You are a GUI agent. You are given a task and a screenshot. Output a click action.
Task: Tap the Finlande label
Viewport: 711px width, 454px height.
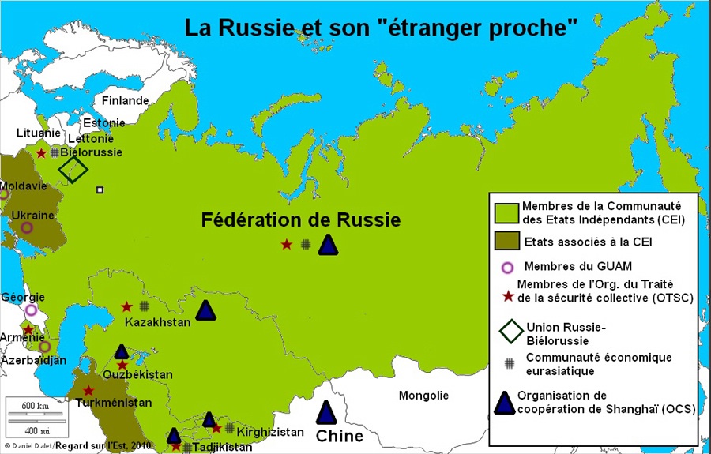pyautogui.click(x=125, y=101)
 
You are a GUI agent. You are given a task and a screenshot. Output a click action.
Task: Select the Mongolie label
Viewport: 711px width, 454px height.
pyautogui.click(x=423, y=396)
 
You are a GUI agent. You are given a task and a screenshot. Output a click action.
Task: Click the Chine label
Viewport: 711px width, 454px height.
pyautogui.click(x=340, y=436)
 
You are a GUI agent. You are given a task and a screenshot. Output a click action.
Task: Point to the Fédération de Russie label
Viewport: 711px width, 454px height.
pyautogui.click(x=301, y=219)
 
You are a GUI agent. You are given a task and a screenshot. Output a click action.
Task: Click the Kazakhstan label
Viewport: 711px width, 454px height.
pyautogui.click(x=157, y=322)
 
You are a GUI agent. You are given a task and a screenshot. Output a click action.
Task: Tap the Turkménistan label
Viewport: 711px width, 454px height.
pyautogui.click(x=114, y=403)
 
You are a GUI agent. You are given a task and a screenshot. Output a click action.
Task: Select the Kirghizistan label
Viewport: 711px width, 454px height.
pyautogui.click(x=271, y=432)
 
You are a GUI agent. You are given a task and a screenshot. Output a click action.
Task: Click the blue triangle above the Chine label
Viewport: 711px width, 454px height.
pyautogui.click(x=325, y=412)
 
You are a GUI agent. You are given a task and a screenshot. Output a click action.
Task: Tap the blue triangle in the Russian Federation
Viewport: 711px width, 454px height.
pyautogui.click(x=329, y=245)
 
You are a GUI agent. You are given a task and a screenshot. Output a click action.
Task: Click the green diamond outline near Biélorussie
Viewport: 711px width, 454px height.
pyautogui.click(x=73, y=169)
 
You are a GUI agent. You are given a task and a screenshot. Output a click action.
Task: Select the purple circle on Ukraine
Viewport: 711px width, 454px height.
pyautogui.click(x=27, y=227)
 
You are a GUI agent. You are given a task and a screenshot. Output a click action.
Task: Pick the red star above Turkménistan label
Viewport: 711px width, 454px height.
pyautogui.click(x=88, y=390)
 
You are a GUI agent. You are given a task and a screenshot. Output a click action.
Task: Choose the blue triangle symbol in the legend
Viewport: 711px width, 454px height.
pyautogui.click(x=505, y=403)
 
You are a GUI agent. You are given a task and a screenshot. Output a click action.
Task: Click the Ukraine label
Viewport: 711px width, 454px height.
pyautogui.click(x=32, y=215)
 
